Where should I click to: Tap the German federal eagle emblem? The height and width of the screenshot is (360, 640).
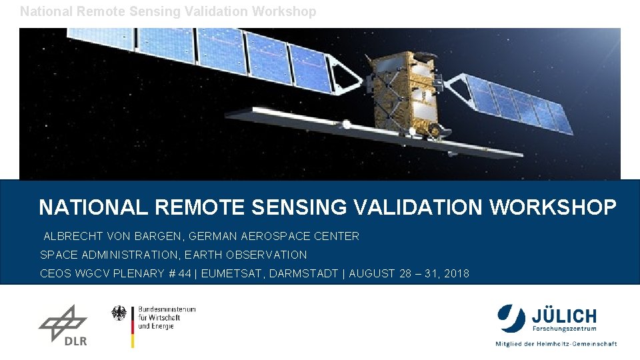click(x=119, y=313)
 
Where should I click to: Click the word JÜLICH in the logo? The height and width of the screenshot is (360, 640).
click(x=564, y=315)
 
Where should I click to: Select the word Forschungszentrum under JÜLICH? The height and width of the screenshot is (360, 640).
click(x=564, y=329)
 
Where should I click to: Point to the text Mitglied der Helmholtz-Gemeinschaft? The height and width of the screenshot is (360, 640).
click(x=555, y=344)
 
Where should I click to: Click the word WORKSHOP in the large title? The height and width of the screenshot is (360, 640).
click(x=553, y=207)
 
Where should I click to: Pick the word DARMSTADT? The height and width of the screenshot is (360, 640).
click(x=303, y=273)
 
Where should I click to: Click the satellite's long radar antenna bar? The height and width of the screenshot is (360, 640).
click(x=373, y=133)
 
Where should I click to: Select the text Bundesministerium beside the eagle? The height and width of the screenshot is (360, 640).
click(x=167, y=310)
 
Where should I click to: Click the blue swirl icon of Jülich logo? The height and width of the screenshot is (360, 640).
click(x=511, y=317)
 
